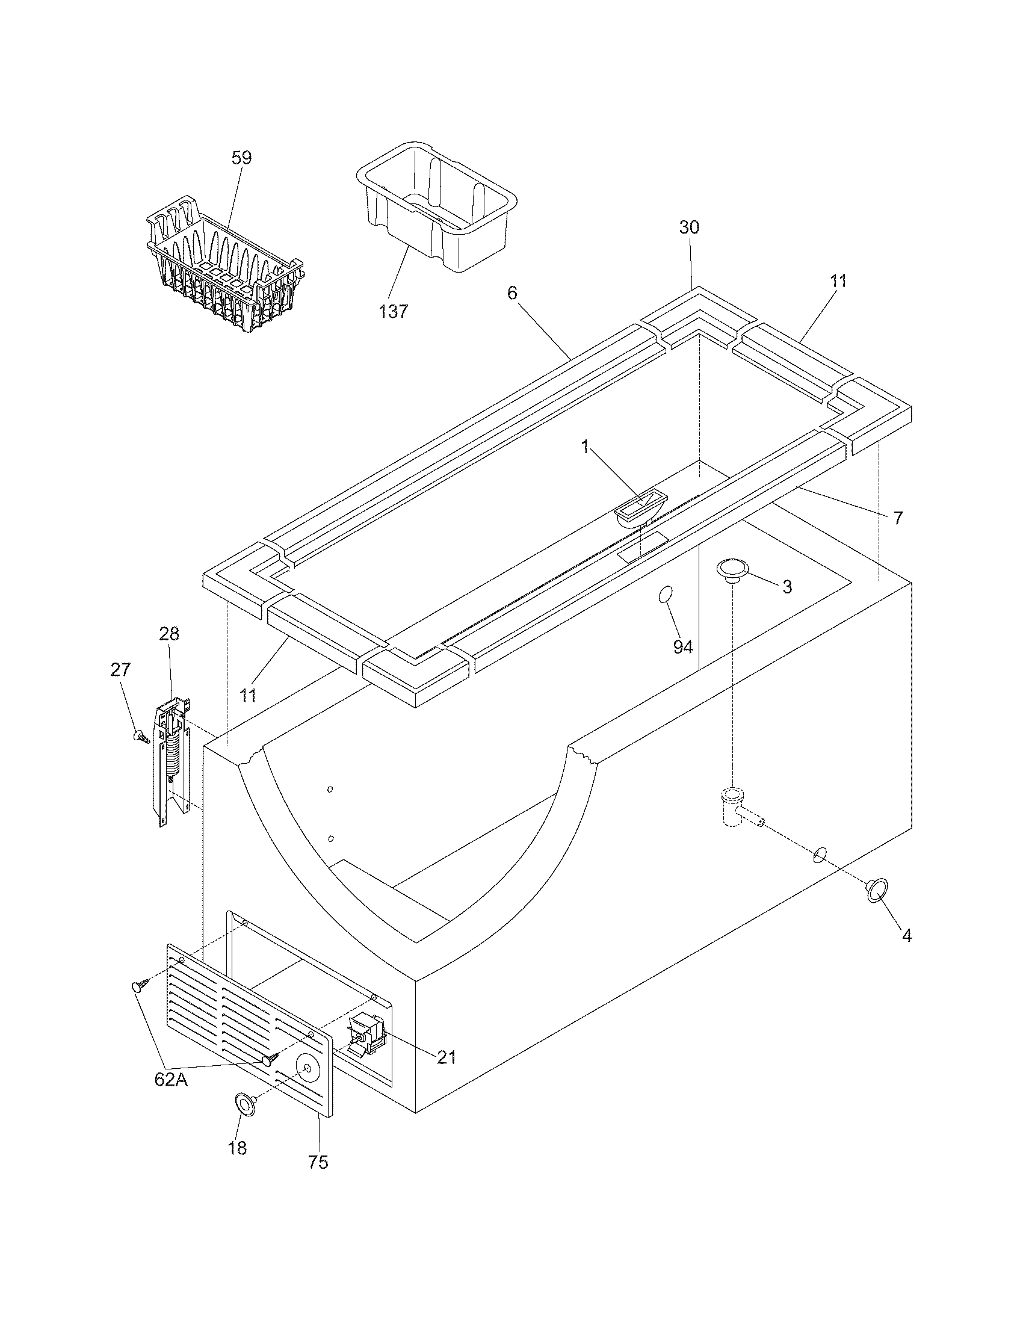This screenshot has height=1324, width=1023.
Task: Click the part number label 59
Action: pos(241,158)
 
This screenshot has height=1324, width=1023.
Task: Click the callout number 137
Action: pos(394,312)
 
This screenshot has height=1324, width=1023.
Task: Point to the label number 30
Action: pos(689,227)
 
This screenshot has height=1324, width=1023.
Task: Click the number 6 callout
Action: pos(512,294)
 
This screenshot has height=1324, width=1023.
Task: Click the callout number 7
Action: pos(898,518)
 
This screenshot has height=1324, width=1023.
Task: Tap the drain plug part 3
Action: pos(732,570)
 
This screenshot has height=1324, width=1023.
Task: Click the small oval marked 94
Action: pos(666,595)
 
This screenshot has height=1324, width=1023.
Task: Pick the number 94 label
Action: pos(682,647)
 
